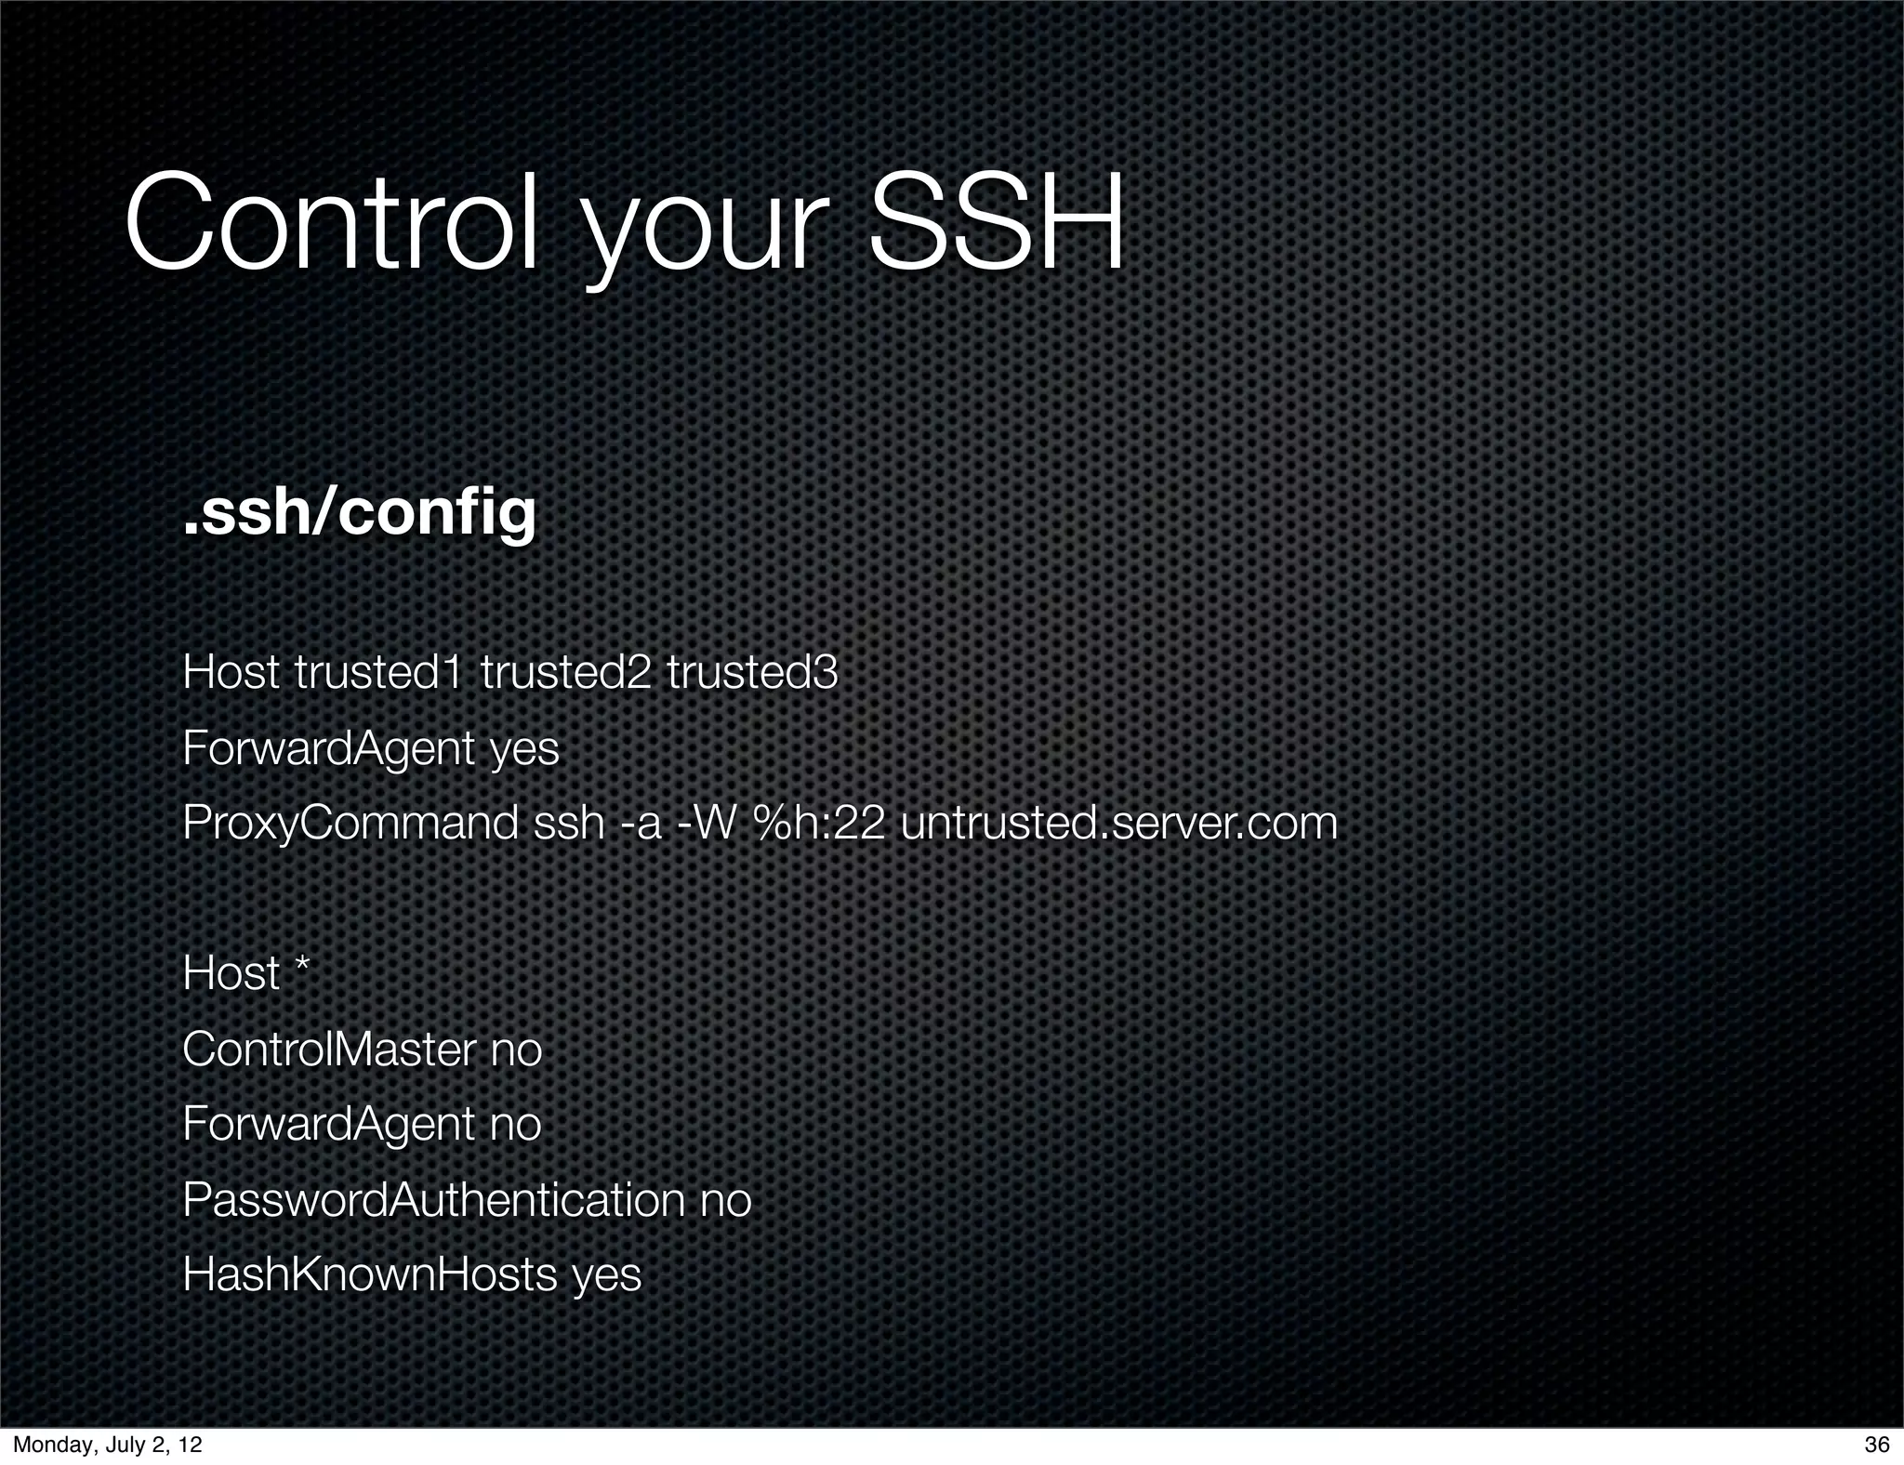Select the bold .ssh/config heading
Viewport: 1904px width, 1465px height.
click(x=359, y=514)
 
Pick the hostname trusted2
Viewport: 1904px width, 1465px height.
click(x=565, y=672)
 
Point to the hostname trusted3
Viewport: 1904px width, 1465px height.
click(x=752, y=672)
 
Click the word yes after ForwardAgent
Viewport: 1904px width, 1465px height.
click(x=524, y=748)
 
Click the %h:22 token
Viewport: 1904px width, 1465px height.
click(x=819, y=824)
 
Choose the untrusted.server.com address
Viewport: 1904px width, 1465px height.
click(x=1118, y=824)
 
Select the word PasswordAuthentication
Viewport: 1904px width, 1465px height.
click(x=433, y=1199)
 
